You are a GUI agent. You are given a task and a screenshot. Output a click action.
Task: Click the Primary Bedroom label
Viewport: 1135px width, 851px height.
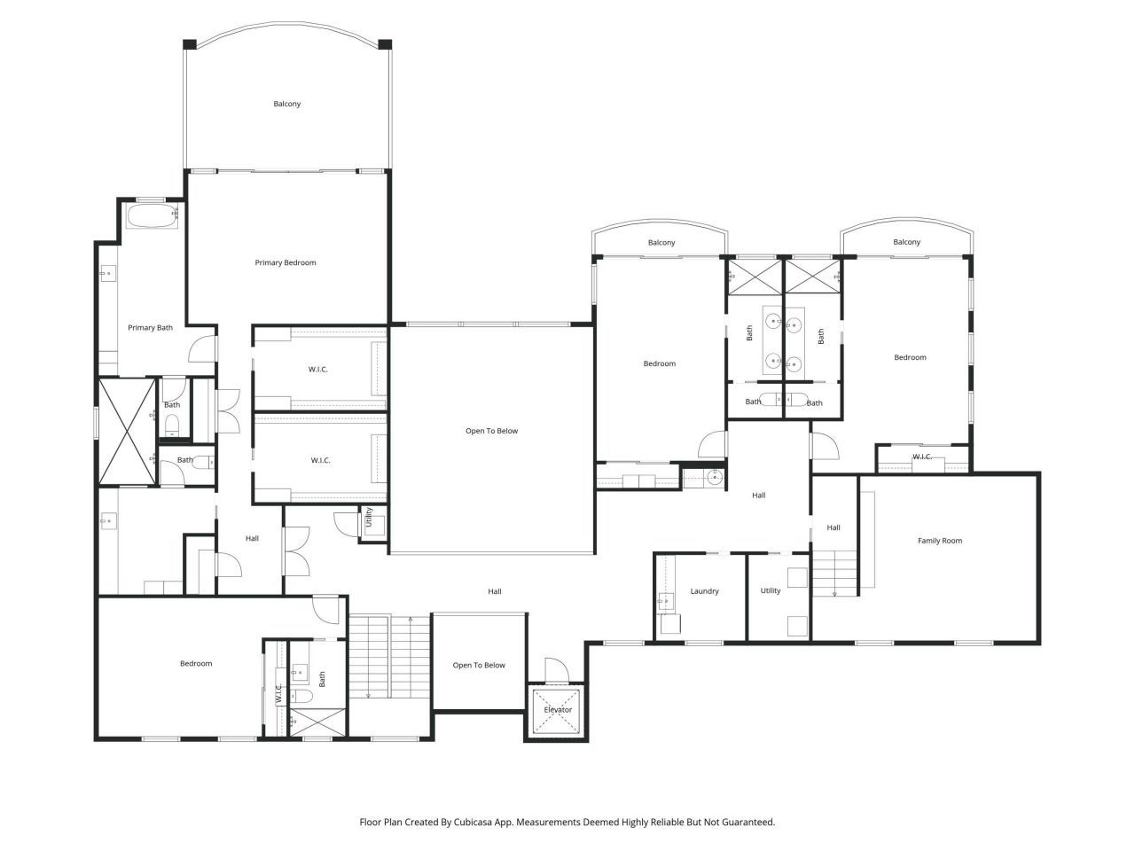286,262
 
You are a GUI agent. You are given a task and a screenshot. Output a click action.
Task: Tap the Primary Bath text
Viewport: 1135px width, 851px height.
150,328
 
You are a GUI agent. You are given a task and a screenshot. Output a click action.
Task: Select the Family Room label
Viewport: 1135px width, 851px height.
939,541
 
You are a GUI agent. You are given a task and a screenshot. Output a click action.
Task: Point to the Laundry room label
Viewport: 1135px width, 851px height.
704,591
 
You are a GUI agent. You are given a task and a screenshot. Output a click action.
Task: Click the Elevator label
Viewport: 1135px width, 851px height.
558,710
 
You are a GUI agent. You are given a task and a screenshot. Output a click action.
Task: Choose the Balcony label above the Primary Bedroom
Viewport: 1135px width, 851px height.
286,104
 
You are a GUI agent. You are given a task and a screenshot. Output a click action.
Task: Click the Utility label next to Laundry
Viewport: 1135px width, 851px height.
770,591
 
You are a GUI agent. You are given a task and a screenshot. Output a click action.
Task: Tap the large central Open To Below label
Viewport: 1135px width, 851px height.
491,432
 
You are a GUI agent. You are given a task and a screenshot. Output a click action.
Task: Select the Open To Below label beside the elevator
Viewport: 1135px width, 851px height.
479,666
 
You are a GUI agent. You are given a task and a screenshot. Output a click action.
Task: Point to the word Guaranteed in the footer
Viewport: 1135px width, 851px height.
746,823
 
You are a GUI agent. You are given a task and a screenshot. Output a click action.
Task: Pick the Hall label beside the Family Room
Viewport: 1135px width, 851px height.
834,528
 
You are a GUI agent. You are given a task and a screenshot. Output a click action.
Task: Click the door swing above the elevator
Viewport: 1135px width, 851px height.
555,670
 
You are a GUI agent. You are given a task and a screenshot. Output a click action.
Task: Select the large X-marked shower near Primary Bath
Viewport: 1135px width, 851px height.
127,432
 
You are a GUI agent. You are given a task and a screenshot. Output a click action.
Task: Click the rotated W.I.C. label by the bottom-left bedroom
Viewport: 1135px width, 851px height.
278,693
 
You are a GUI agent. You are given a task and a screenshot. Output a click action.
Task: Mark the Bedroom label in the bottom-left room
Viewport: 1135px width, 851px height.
196,664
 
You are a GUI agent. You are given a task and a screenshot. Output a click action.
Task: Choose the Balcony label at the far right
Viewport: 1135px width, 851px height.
906,242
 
